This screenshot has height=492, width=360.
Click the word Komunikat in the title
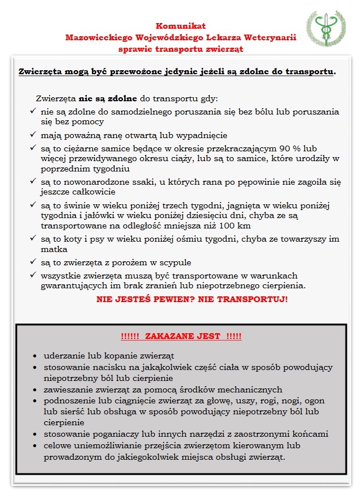[x=181, y=26]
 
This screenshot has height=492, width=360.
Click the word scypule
[x=173, y=262]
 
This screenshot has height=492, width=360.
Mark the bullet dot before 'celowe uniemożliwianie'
[x=36, y=445]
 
